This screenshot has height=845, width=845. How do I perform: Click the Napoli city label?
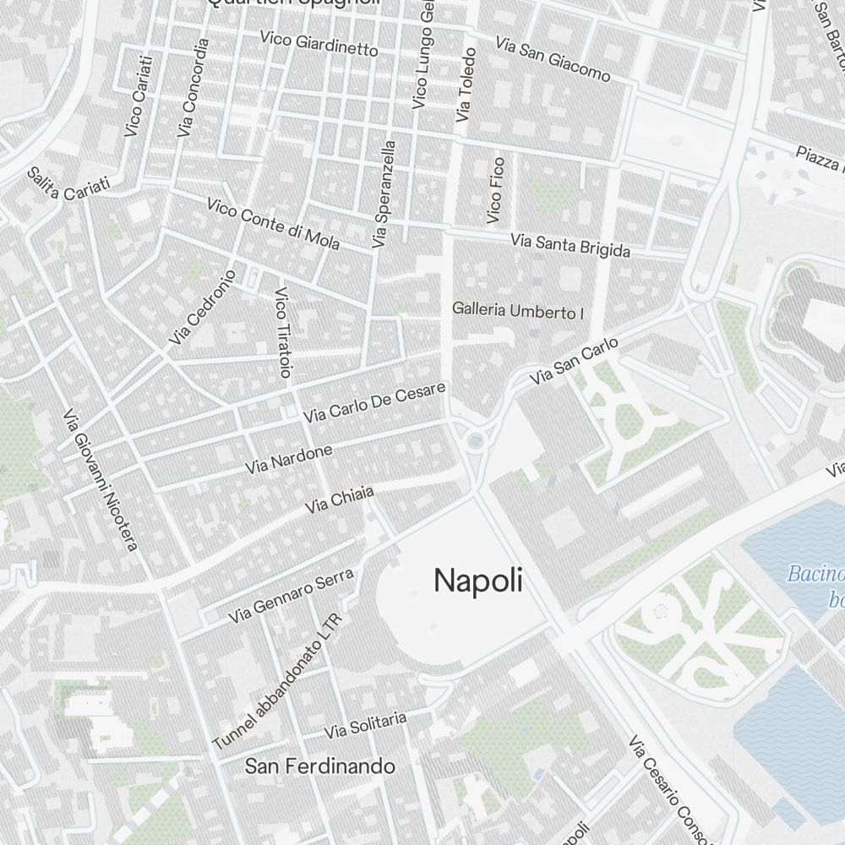(x=477, y=581)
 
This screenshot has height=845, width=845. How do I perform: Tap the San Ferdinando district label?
(x=319, y=766)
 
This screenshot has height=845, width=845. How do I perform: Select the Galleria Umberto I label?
(x=518, y=311)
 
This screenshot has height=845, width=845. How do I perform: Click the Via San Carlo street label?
(x=574, y=363)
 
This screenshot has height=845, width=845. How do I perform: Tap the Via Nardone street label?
(x=289, y=459)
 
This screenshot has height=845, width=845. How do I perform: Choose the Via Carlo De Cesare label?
(x=373, y=403)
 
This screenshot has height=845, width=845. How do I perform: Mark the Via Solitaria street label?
(x=366, y=724)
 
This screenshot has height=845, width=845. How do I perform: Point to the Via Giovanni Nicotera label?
(x=100, y=480)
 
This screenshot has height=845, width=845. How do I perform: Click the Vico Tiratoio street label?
(x=283, y=332)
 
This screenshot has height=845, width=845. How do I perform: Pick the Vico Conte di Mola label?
(x=273, y=225)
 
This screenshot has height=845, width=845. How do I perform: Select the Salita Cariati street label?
(x=68, y=183)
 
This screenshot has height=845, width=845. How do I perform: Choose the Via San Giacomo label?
(x=553, y=58)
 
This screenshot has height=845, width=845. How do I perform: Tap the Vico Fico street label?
(x=496, y=190)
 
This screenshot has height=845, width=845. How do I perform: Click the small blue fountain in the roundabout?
(x=475, y=440)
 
